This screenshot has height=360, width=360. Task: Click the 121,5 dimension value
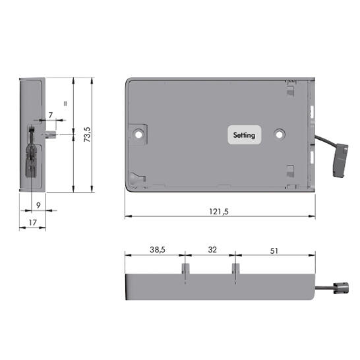click(219, 211)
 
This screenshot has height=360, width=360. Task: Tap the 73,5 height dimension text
click(88, 135)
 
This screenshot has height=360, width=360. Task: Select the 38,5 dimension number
click(158, 250)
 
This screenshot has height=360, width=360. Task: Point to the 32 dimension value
click(212, 250)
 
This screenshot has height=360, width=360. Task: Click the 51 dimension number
click(274, 251)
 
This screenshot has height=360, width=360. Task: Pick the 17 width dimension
click(32, 222)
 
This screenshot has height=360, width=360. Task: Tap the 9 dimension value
click(38, 205)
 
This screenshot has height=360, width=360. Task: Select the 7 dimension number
click(51, 115)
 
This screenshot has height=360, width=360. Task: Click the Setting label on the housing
click(244, 135)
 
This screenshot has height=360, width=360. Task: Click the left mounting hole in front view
click(138, 135)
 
